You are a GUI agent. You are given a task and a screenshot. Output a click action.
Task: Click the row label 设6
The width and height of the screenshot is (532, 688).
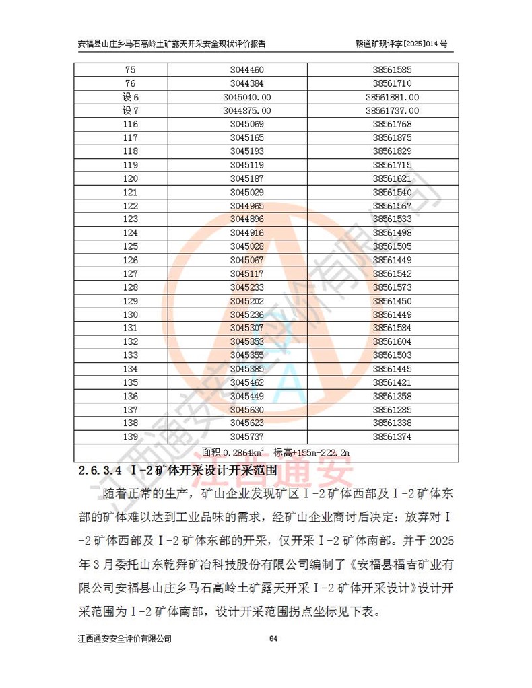[131, 97]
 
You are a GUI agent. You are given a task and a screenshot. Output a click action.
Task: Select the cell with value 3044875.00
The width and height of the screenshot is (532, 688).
[246, 110]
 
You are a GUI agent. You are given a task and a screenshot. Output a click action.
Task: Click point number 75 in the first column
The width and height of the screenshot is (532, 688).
[131, 70]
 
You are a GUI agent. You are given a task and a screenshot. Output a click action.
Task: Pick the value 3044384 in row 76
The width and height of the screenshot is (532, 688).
[246, 83]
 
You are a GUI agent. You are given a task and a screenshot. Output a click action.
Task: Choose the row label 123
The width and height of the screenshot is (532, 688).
[131, 219]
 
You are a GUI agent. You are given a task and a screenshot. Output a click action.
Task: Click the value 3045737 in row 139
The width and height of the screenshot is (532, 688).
[246, 436]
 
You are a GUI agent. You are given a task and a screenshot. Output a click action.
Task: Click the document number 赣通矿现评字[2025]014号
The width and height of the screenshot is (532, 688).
[401, 44]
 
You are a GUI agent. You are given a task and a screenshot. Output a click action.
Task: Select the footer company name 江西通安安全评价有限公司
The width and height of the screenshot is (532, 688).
[125, 638]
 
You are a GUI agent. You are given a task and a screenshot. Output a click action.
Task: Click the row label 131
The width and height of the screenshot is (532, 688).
[131, 328]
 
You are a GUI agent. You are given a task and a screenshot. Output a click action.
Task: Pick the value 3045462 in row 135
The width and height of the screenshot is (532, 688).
[246, 382]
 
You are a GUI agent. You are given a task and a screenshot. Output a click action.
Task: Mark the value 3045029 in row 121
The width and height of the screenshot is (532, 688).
[246, 192]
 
